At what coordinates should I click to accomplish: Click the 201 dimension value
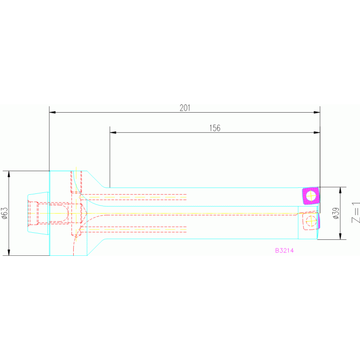185,108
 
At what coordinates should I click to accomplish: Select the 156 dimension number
214,128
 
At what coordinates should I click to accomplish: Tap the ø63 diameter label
4,213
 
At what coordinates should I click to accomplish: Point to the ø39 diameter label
335,214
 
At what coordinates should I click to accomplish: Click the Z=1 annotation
355,213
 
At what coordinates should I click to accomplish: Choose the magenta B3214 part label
284,251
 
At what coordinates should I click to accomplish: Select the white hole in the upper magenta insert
311,195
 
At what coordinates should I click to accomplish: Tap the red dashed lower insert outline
311,221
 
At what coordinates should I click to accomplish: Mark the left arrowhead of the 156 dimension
113,132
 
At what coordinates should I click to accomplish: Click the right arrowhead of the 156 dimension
317,132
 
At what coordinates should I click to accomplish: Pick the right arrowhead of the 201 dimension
317,113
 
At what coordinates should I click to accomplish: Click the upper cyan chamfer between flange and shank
96,179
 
